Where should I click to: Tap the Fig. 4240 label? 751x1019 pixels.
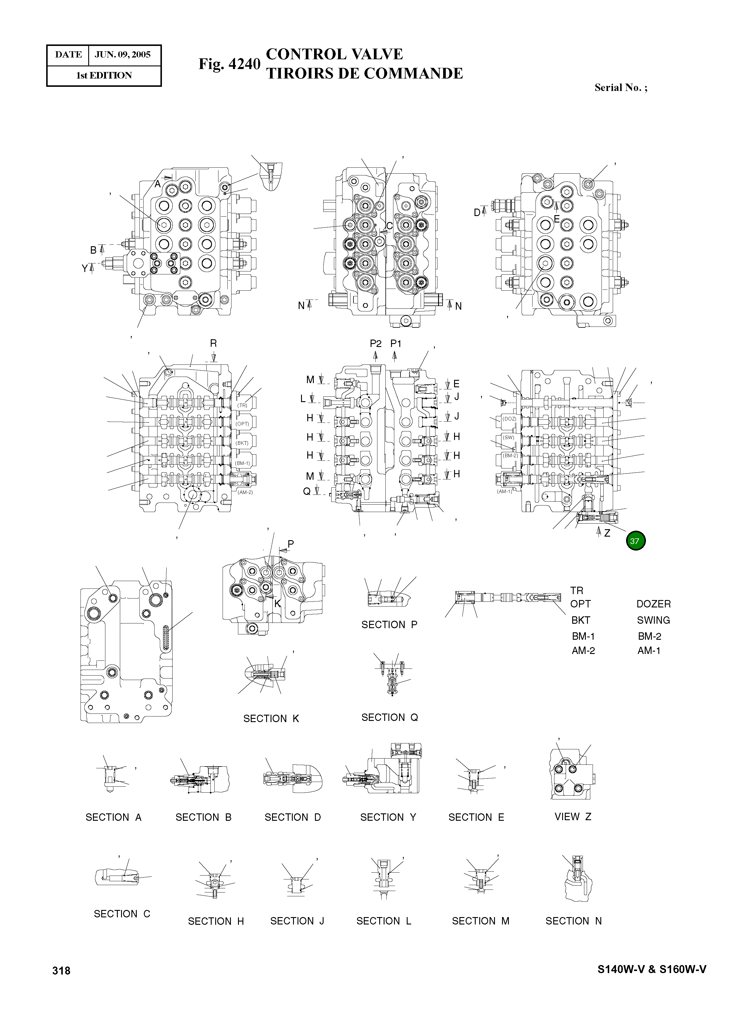pyautogui.click(x=229, y=64)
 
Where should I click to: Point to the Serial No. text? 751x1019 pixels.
pyautogui.click(x=620, y=88)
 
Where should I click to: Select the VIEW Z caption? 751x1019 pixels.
pyautogui.click(x=573, y=817)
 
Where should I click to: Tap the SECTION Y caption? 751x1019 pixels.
pyautogui.click(x=388, y=818)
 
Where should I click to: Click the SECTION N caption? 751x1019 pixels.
pyautogui.click(x=573, y=921)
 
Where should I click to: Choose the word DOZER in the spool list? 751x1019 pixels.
pyautogui.click(x=653, y=604)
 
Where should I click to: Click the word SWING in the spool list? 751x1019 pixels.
pyautogui.click(x=653, y=620)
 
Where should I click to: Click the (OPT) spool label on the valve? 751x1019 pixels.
pyautogui.click(x=242, y=423)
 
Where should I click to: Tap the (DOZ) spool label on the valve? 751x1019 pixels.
pyautogui.click(x=509, y=418)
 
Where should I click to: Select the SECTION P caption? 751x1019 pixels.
pyautogui.click(x=389, y=625)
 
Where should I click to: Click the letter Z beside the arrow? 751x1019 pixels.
pyautogui.click(x=607, y=533)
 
